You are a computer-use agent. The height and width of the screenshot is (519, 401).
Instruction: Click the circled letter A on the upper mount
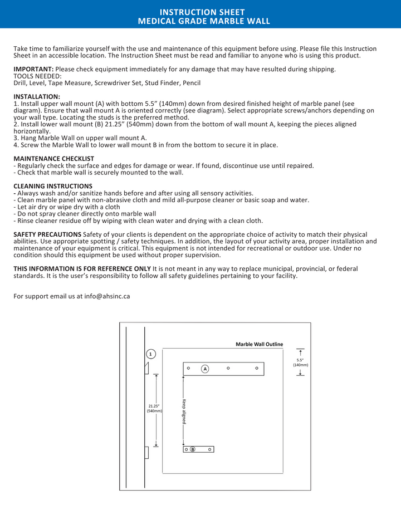[205, 369]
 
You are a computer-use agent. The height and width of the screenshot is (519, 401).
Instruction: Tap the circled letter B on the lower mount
[193, 449]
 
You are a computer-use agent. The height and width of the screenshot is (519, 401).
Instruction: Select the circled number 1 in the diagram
[150, 354]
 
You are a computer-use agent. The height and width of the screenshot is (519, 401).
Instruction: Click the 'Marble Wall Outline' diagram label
[259, 344]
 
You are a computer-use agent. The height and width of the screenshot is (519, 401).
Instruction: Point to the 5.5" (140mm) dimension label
[301, 362]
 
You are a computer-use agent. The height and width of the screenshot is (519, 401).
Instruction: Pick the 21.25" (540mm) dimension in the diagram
[154, 408]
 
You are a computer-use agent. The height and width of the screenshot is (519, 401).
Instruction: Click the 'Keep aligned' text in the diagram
[183, 412]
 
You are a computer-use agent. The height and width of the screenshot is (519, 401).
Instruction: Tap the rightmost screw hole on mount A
[257, 368]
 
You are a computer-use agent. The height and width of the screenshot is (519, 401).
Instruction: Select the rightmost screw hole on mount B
[210, 449]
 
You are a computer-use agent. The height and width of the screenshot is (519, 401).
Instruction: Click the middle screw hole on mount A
[228, 368]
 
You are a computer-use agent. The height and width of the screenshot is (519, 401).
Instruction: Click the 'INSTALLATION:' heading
[37, 96]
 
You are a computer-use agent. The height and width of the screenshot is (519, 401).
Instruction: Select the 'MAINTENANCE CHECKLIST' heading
[53, 159]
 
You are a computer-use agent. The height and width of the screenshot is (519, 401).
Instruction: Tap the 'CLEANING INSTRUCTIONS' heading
[53, 186]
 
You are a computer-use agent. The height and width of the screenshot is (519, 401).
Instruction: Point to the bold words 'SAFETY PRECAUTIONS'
[47, 234]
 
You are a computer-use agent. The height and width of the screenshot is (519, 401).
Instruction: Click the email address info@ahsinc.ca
[107, 296]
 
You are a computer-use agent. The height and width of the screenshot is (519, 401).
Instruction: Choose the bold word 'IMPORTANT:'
[33, 69]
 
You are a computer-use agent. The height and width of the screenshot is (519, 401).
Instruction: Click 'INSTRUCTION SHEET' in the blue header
[202, 12]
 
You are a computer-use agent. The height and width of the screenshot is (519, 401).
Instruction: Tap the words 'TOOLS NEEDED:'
[37, 76]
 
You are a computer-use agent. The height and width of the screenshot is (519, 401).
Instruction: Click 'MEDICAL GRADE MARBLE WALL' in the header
[204, 21]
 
